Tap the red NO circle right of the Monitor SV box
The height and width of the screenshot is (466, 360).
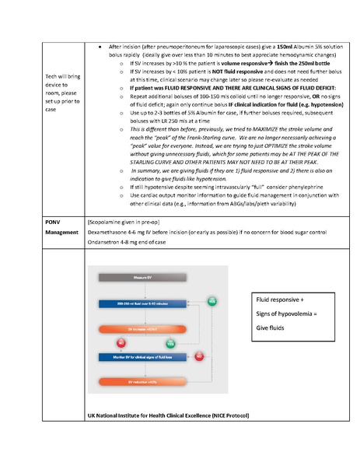(199, 356)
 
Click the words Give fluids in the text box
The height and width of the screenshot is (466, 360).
(273, 328)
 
